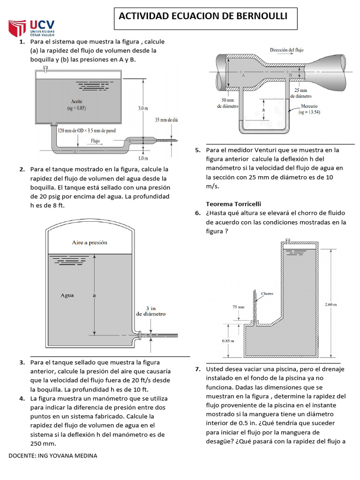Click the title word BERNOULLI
click(260, 16)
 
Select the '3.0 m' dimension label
click(142, 108)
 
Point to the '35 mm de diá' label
click(166, 120)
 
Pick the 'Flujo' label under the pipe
click(95, 140)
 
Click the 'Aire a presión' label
click(90, 242)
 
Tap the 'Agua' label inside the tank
click(67, 295)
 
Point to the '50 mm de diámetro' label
click(228, 103)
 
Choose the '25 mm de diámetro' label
click(300, 93)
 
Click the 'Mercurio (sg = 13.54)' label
click(309, 109)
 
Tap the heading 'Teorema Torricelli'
click(233, 204)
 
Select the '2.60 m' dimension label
click(331, 305)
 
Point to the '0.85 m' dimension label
click(228, 341)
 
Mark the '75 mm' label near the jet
click(238, 307)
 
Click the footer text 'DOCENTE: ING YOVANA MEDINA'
click(53, 456)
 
